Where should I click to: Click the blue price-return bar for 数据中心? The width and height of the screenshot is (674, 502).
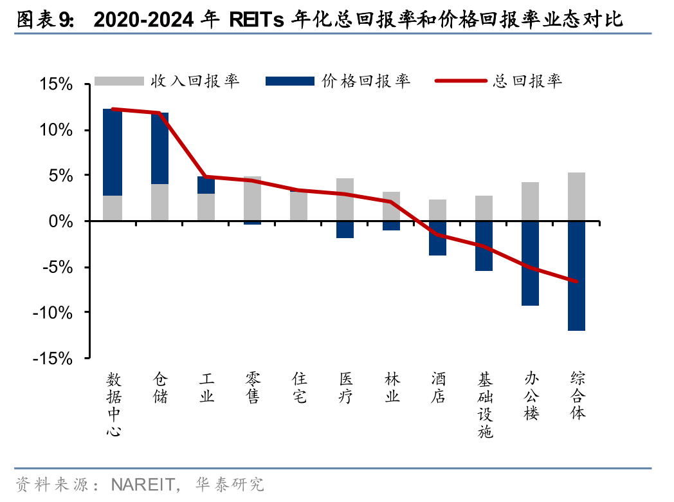pyautogui.click(x=113, y=152)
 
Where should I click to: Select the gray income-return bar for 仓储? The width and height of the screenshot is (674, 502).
pyautogui.click(x=159, y=202)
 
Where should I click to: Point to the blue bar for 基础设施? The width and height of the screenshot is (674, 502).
pyautogui.click(x=484, y=246)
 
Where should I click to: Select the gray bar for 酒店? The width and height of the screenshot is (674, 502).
pyautogui.click(x=438, y=210)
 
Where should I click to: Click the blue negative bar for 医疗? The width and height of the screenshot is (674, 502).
pyautogui.click(x=345, y=229)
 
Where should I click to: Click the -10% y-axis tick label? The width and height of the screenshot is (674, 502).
pyautogui.click(x=55, y=313)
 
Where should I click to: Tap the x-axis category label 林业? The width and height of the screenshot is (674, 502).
pyautogui.click(x=392, y=387)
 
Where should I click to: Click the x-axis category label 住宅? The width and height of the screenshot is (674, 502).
pyautogui.click(x=299, y=387)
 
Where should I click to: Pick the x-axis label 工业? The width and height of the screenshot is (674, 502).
pyautogui.click(x=206, y=387)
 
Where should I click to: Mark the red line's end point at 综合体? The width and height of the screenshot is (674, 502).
pyautogui.click(x=577, y=281)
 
